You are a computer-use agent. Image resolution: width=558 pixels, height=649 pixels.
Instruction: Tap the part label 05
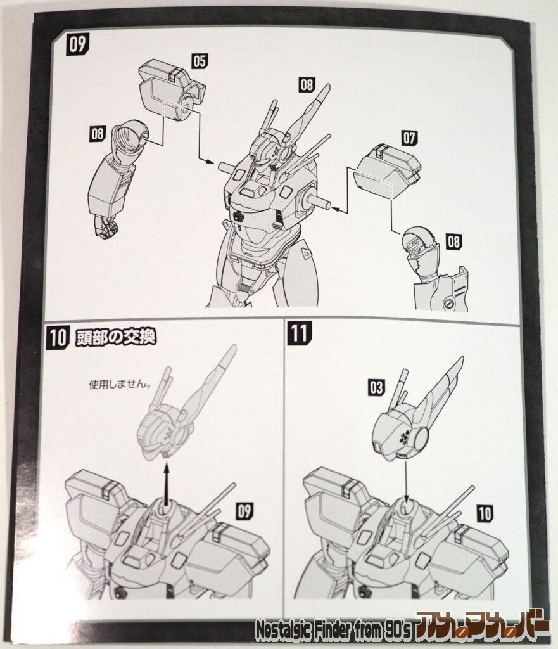(200, 60)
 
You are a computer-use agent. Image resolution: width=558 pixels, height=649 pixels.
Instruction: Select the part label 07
(409, 138)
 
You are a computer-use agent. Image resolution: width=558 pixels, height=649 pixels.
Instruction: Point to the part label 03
(376, 387)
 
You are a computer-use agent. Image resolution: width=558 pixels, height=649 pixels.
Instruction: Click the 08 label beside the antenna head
(307, 84)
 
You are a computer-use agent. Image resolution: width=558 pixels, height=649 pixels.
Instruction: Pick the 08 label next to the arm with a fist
(98, 133)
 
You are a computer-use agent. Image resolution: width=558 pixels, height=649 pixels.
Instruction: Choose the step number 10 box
(57, 337)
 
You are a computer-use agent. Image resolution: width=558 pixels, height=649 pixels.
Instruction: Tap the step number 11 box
(299, 333)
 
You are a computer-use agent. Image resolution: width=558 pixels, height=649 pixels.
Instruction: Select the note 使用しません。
(119, 384)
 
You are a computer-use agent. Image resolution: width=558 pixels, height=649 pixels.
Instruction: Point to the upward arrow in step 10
(167, 484)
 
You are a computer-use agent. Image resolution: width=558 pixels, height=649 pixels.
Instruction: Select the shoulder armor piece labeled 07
(388, 171)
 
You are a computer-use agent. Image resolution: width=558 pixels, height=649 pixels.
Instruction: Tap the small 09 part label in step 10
(244, 511)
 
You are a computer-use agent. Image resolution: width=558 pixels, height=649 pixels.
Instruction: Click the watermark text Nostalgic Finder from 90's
(333, 629)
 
